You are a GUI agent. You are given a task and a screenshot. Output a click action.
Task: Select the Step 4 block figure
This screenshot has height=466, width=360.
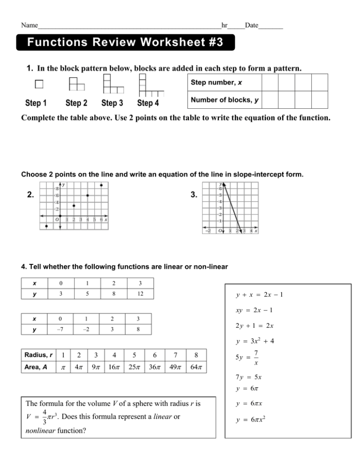[150, 86]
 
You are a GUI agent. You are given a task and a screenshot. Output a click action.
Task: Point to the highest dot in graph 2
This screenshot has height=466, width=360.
[101, 185]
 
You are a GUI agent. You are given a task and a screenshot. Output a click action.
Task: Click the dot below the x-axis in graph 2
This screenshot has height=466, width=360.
[46, 226]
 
